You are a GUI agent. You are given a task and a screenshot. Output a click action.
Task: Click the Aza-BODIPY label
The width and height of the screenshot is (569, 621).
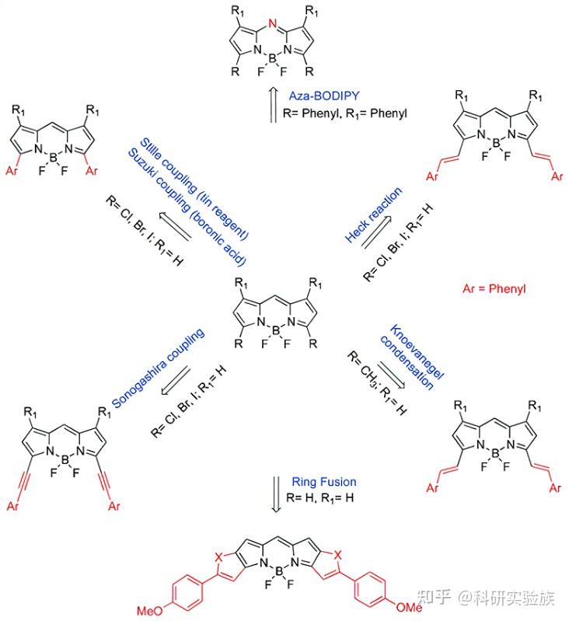click(324, 96)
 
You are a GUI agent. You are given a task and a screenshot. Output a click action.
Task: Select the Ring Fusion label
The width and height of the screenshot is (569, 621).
click(324, 482)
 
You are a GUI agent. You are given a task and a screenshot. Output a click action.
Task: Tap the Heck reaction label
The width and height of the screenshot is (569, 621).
click(373, 215)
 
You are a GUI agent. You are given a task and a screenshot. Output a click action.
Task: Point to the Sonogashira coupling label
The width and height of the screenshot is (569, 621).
click(158, 368)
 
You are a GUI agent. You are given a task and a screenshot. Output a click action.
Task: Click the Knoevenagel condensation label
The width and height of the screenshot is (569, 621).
click(412, 357)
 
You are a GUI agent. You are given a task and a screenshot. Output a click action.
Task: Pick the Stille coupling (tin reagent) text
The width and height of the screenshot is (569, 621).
click(194, 189)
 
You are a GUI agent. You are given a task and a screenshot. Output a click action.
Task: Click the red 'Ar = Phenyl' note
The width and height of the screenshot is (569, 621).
click(494, 288)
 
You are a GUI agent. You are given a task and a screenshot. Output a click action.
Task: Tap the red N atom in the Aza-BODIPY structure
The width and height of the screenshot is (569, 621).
click(272, 24)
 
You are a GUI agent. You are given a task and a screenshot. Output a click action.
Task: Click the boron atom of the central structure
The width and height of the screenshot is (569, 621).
click(276, 330)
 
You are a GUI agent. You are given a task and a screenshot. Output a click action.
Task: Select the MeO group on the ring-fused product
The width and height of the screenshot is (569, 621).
click(150, 610)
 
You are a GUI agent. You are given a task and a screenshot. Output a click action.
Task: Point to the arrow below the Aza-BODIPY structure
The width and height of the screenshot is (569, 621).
click(273, 105)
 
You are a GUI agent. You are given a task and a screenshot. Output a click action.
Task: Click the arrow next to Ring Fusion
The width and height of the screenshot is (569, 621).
click(276, 494)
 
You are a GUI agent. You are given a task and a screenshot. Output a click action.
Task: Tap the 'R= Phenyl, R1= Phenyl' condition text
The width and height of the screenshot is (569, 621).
click(345, 113)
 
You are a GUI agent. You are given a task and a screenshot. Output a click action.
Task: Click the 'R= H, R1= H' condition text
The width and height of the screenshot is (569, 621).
click(320, 498)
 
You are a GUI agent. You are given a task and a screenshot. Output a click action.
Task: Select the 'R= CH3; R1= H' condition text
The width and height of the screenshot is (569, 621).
click(377, 383)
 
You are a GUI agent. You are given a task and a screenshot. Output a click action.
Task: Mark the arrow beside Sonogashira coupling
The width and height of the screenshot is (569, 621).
click(176, 381)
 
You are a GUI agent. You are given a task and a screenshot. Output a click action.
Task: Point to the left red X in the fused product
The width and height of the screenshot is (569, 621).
click(218, 557)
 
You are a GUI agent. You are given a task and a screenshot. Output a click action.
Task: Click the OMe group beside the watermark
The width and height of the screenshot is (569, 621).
click(409, 606)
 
